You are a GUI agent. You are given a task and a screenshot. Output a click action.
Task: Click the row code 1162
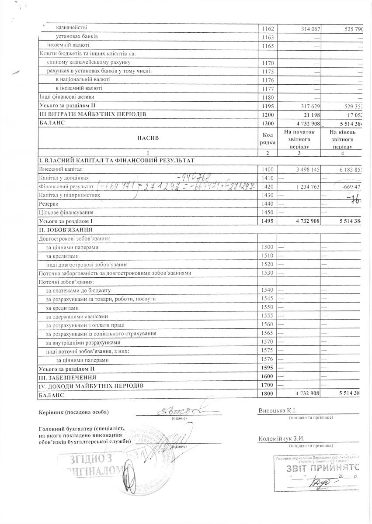(267, 28)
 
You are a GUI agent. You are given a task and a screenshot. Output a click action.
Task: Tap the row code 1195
(267, 106)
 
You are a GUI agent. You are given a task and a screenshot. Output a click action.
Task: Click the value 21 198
(308, 114)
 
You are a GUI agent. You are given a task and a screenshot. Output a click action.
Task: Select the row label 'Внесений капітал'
(61, 169)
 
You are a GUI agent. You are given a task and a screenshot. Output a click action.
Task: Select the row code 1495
(267, 221)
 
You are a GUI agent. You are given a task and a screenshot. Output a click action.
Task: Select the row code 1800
(267, 394)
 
